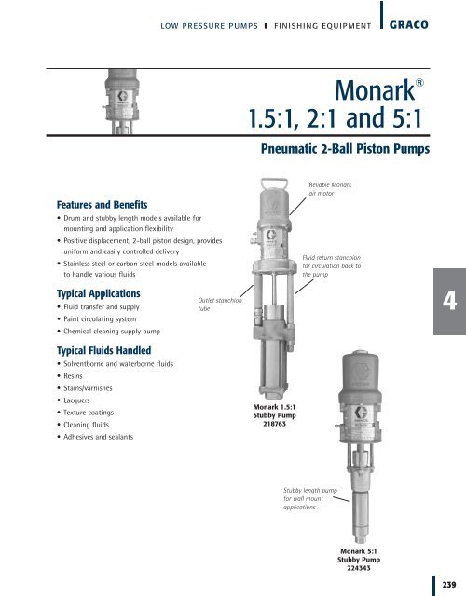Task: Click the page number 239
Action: (450, 585)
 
